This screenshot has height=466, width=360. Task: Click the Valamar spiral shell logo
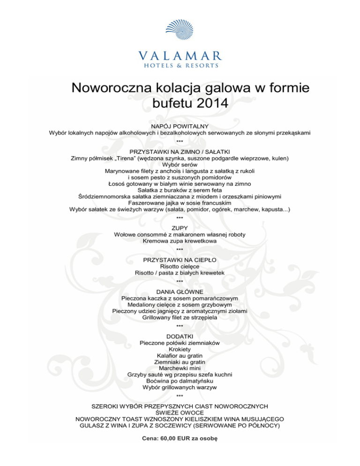[x=180, y=32]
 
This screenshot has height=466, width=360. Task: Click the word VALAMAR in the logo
[x=180, y=54]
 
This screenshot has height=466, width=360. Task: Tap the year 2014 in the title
[x=206, y=102]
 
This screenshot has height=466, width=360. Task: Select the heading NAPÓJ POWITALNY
[x=180, y=127]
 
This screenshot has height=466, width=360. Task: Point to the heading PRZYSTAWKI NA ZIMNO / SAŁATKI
[x=180, y=152]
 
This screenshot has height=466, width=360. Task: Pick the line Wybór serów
[x=180, y=165]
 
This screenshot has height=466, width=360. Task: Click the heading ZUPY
[x=180, y=228]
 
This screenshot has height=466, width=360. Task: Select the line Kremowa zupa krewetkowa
[x=180, y=241]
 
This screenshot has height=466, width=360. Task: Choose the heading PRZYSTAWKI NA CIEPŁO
[x=180, y=259]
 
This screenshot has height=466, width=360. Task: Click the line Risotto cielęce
[x=180, y=266]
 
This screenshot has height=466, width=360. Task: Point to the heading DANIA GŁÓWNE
[x=180, y=292]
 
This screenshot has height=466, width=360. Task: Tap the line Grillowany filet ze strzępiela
[x=180, y=317]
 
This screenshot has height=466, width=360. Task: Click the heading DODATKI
[x=180, y=337]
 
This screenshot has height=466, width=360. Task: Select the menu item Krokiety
[x=180, y=349]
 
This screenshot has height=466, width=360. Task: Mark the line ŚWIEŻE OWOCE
[x=180, y=413]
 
